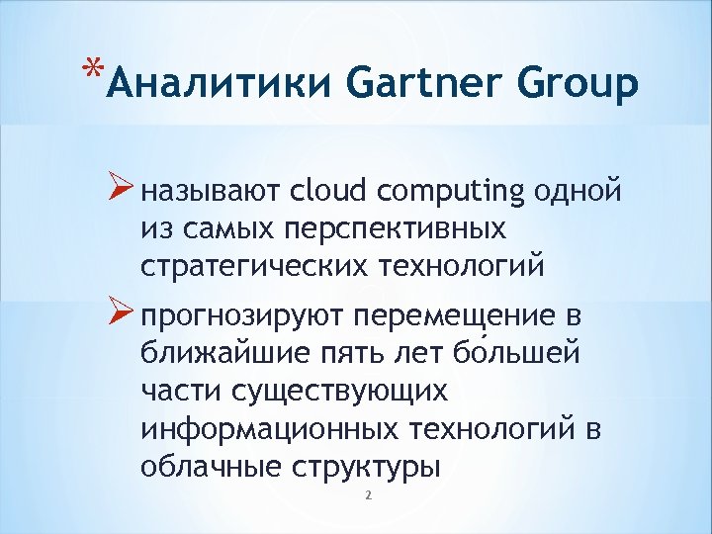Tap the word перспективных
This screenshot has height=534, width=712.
pyautogui.click(x=395, y=229)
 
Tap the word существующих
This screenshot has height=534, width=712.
pyautogui.click(x=335, y=393)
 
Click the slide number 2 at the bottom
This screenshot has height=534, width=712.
pyautogui.click(x=367, y=495)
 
